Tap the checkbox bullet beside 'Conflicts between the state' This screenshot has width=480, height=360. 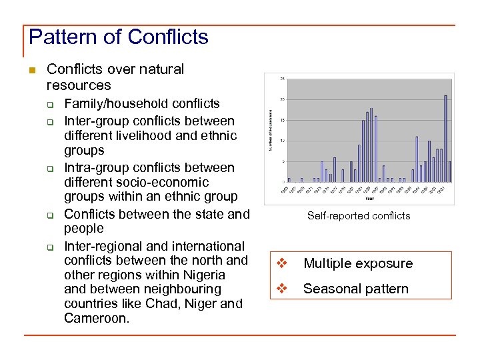(49, 215)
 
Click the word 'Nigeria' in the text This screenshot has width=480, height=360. (203, 275)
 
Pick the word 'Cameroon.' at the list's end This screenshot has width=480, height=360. (97, 318)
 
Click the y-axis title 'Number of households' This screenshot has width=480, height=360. (271, 130)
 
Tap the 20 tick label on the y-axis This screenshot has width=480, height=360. (281, 99)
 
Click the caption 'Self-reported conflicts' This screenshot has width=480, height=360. (359, 215)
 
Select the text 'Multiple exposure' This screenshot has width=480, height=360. (358, 263)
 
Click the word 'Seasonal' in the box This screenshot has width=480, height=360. (329, 289)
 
